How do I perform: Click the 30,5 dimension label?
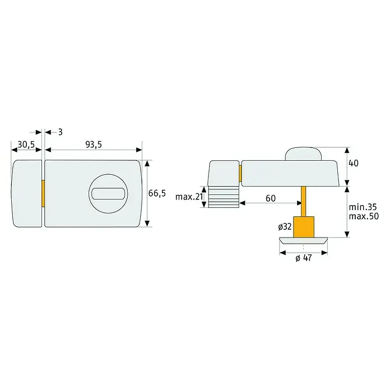[26, 145]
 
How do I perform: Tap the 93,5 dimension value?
[94, 145]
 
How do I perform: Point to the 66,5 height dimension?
[157, 193]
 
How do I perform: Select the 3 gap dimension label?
[60, 132]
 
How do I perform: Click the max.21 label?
[189, 197]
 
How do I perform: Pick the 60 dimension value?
[271, 198]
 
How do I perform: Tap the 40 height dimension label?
[354, 163]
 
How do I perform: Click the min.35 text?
[363, 207]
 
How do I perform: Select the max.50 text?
[364, 216]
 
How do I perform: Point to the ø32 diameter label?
[285, 226]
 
